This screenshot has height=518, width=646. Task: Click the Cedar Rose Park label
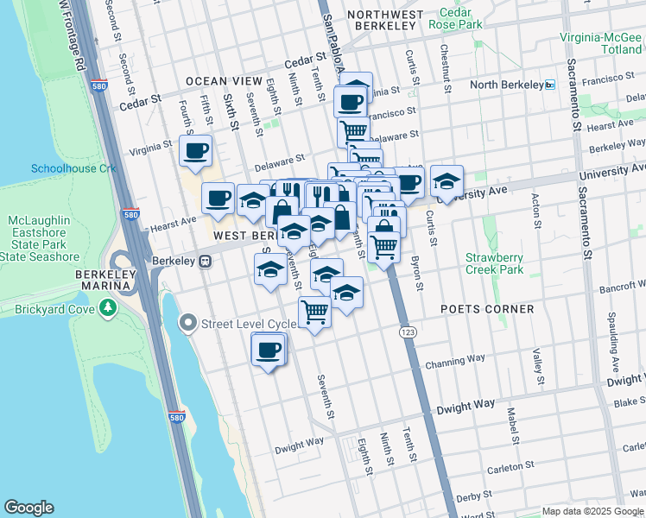coord(460,19)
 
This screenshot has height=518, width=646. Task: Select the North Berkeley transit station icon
coord(550,85)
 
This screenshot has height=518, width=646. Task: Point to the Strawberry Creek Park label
coord(494,264)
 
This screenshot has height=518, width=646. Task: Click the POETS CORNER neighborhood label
coord(487,309)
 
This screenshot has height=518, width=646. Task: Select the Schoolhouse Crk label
coord(73,168)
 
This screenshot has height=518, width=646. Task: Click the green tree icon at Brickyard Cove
coord(107,306)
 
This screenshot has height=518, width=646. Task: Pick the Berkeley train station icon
coord(205,261)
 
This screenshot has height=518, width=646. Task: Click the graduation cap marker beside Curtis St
coord(446,181)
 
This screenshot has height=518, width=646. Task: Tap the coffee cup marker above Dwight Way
coord(268,350)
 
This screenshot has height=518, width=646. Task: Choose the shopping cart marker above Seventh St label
coord(314,312)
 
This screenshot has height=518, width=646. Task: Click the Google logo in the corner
coord(28,508)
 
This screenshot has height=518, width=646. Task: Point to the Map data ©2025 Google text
coord(592,511)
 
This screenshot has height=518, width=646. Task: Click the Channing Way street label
coord(465,361)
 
